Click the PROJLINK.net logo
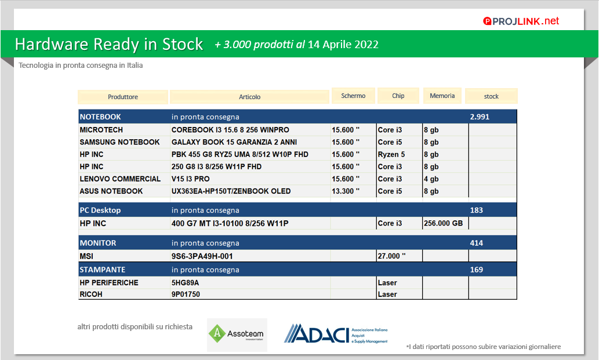pos(521,21)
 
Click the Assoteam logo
pos(237,334)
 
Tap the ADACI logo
pos(336,334)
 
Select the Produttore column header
pos(122,97)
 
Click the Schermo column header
pos(353,96)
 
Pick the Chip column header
pos(398,96)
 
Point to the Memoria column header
pos(442,96)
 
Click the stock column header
pos(491,96)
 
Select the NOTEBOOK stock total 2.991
pos(480,117)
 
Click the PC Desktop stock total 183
pos(477,210)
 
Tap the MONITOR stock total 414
pos(477,243)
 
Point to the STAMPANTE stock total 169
pos(477,270)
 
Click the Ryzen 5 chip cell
pos(391,155)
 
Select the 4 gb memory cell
pos(431,179)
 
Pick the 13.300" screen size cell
pos(346,191)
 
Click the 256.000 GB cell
pos(443,223)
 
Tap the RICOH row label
pos(91,294)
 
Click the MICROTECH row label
pos(101,130)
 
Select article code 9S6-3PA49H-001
pos(202,256)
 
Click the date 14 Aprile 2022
pos(343,45)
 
